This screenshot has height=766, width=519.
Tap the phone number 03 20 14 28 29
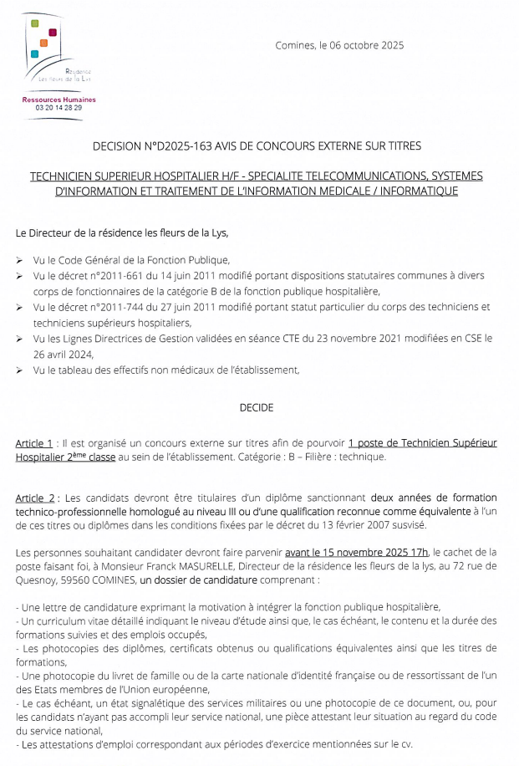(59, 108)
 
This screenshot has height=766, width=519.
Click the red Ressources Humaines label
(59, 100)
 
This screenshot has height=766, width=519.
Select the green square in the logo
(35, 23)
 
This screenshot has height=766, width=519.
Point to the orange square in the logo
(43, 42)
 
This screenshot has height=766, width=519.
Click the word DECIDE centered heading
(257, 408)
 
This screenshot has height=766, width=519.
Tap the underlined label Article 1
(34, 442)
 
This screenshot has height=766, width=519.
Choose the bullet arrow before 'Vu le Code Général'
(19, 260)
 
